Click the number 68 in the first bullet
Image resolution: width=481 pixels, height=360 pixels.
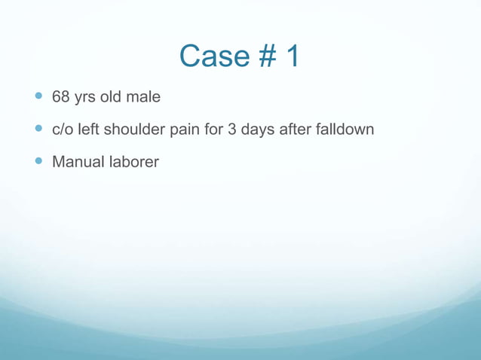(60, 97)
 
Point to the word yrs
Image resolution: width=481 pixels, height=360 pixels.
(86, 98)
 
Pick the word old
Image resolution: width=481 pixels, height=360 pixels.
(115, 97)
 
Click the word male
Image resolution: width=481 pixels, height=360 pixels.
(146, 97)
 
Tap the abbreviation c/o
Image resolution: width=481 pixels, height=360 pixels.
(63, 130)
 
